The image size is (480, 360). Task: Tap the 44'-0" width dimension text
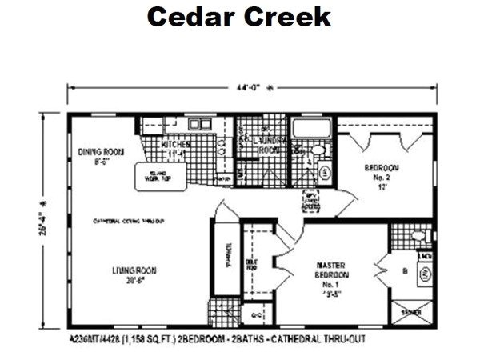[x=250, y=88]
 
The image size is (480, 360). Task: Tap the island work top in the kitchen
[x=158, y=176]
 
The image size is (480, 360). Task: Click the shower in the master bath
[x=412, y=313]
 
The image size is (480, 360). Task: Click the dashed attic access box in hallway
[x=313, y=202]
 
